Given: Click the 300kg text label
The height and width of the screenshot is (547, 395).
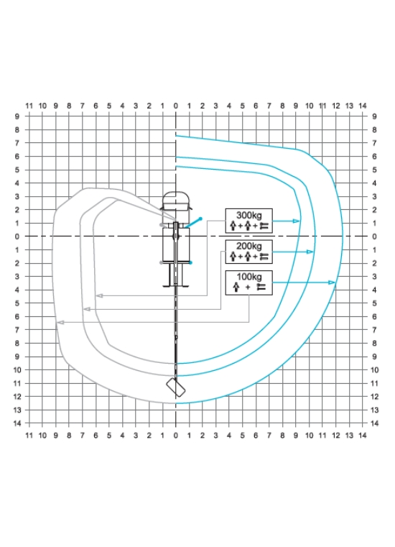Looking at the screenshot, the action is [x=248, y=215].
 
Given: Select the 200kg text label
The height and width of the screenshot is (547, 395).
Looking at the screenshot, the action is [x=248, y=246].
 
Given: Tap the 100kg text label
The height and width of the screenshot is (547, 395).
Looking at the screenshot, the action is [x=248, y=277].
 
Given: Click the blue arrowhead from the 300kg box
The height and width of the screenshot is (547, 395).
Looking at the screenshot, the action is [x=297, y=221].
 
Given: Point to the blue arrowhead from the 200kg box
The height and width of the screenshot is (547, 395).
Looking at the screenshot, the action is [x=310, y=252].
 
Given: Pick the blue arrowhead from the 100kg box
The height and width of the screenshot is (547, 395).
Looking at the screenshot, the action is [x=332, y=282].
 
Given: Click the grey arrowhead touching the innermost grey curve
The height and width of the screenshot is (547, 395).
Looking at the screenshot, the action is [x=99, y=296].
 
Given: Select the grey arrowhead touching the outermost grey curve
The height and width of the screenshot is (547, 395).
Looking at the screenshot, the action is [x=60, y=323].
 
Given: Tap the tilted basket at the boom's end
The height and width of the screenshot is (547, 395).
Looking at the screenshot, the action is [x=176, y=387].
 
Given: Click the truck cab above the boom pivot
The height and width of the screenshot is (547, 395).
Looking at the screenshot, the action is [x=176, y=201].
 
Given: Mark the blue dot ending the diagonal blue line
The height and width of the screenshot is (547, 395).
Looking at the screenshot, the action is [x=200, y=219].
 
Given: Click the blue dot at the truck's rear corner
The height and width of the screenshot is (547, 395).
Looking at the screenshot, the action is [x=191, y=262].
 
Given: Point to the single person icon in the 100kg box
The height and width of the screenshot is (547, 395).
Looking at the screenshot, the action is [x=236, y=288].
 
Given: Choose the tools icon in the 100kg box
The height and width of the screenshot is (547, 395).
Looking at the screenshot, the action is [x=261, y=288].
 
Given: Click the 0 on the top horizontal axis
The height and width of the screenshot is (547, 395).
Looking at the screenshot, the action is [x=176, y=106].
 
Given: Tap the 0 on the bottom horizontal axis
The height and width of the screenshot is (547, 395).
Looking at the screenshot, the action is [x=176, y=436].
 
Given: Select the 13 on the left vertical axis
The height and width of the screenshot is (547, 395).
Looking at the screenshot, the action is [x=17, y=410].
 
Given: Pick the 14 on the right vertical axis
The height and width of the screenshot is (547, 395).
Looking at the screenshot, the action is [x=374, y=423].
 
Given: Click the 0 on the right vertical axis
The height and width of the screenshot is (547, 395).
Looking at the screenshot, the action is [x=374, y=236].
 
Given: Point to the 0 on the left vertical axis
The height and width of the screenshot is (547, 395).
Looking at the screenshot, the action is [x=17, y=236].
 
